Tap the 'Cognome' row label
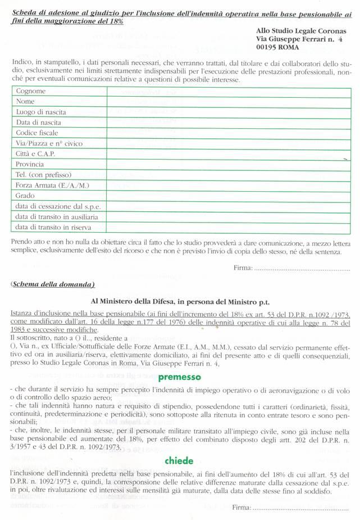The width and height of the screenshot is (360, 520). pyautogui.click(x=31, y=91)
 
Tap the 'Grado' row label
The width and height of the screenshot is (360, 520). pyautogui.click(x=26, y=196)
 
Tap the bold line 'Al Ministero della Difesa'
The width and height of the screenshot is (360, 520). pyautogui.click(x=181, y=302)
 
